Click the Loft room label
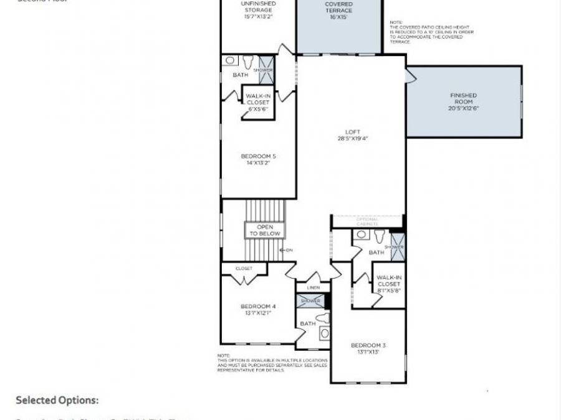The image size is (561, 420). pos(353,131)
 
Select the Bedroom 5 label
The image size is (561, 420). pos(258,156)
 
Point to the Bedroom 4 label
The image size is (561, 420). pos(258,306)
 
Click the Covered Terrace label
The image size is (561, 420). pos(338,7)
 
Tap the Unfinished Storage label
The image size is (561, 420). pos(258,7)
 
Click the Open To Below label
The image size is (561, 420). pos(265,231)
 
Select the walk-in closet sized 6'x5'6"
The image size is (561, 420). pos(257,102)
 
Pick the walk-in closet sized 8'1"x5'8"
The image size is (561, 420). pos(389,284)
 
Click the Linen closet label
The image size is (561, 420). pos(313,288)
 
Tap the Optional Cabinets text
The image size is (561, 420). pos(367,222)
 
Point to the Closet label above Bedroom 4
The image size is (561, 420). pos(244,269)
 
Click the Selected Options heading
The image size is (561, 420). pos(57,400)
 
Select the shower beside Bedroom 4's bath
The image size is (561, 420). pos(310,301)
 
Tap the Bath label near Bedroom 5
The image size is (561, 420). pos(240,75)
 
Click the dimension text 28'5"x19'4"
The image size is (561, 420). pos(353,139)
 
